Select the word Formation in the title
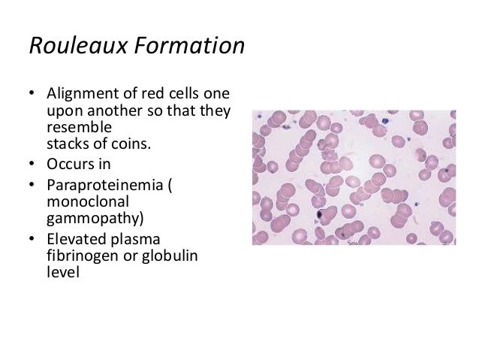point(191,47)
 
